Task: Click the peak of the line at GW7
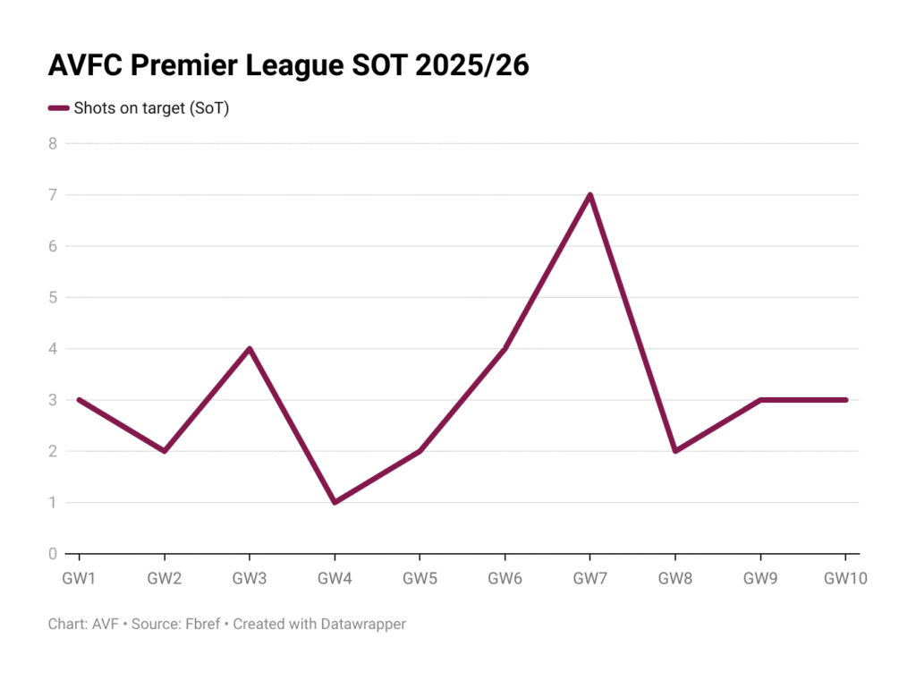(589, 195)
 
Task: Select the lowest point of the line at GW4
(335, 502)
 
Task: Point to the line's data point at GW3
(250, 348)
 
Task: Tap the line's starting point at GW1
(80, 400)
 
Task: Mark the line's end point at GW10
(844, 400)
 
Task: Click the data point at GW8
(674, 451)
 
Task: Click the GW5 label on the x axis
(420, 578)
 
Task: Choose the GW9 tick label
(759, 578)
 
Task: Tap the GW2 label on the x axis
(165, 578)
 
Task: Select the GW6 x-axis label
(505, 578)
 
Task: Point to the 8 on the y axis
(53, 143)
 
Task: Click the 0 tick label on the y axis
(53, 554)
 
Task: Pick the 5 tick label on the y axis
(53, 297)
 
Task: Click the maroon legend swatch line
(58, 108)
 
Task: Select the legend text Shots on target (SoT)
(151, 108)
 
